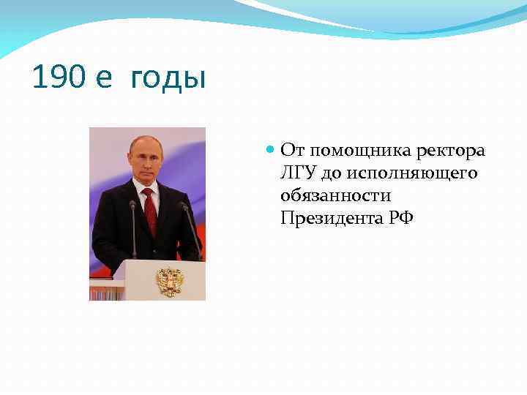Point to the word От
point(292,151)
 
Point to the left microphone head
point(132,206)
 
